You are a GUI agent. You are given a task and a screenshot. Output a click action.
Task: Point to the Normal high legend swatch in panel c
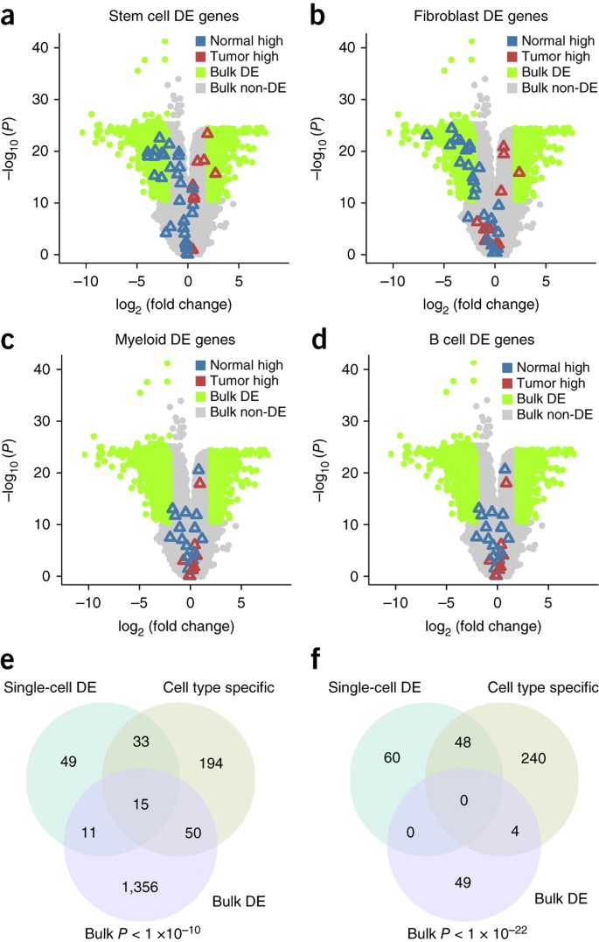click(x=203, y=362)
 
